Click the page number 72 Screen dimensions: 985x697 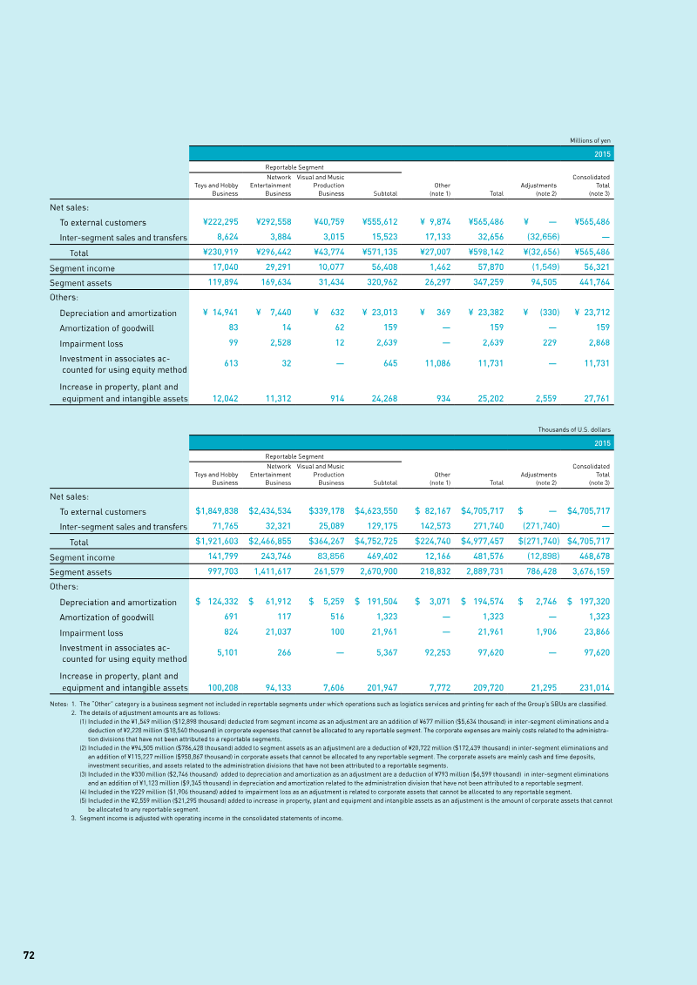[29, 955]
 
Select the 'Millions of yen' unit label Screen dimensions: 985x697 [591, 140]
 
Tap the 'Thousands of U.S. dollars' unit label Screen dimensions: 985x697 [576, 429]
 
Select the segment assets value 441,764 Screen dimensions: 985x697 [592, 283]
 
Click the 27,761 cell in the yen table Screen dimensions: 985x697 [592, 398]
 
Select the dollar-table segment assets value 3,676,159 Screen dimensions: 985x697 [588, 572]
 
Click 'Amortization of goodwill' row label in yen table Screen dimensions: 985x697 [106, 328]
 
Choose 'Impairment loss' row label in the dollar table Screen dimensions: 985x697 [91, 633]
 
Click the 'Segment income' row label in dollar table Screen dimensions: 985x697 [82, 558]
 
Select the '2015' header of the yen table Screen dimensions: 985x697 [602, 153]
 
